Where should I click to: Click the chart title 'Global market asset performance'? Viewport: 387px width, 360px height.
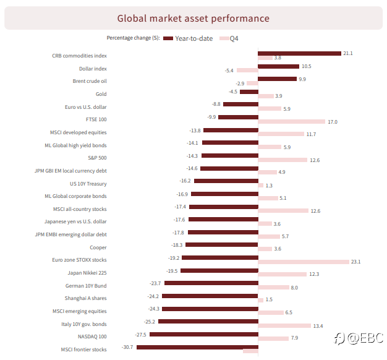pyautogui.click(x=193, y=19)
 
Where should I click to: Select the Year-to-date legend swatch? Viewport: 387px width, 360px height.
pyautogui.click(x=168, y=38)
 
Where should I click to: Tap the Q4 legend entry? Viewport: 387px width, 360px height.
pyautogui.click(x=229, y=38)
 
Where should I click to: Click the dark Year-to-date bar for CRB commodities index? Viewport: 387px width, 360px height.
pyautogui.click(x=299, y=53)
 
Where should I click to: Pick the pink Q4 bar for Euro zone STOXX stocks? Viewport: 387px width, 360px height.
pyautogui.click(x=304, y=262)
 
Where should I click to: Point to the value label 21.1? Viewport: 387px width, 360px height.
pyautogui.click(x=348, y=53)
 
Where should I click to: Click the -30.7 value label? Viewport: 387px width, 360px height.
pyautogui.click(x=127, y=347)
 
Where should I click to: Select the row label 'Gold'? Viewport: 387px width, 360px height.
pyautogui.click(x=101, y=94)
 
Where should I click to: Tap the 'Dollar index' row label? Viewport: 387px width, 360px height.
pyautogui.click(x=93, y=69)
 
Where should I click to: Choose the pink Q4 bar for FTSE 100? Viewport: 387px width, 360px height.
pyautogui.click(x=291, y=121)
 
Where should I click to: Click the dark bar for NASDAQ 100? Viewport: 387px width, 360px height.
pyautogui.click(x=204, y=334)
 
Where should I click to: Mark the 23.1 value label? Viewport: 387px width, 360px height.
pyautogui.click(x=355, y=262)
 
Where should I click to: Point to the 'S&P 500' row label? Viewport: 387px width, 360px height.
pyautogui.click(x=97, y=158)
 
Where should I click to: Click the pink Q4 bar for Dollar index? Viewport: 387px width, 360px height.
pyautogui.click(x=247, y=71)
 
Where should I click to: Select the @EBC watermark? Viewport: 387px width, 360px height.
pyautogui.click(x=359, y=338)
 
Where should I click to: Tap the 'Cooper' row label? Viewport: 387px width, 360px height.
pyautogui.click(x=98, y=247)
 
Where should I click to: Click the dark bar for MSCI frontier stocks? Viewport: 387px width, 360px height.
pyautogui.click(x=197, y=347)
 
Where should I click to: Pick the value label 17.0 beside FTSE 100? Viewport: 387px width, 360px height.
pyautogui.click(x=333, y=122)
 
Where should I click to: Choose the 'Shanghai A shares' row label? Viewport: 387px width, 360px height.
pyautogui.click(x=85, y=298)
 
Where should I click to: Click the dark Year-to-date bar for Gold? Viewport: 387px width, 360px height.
pyautogui.click(x=249, y=92)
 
